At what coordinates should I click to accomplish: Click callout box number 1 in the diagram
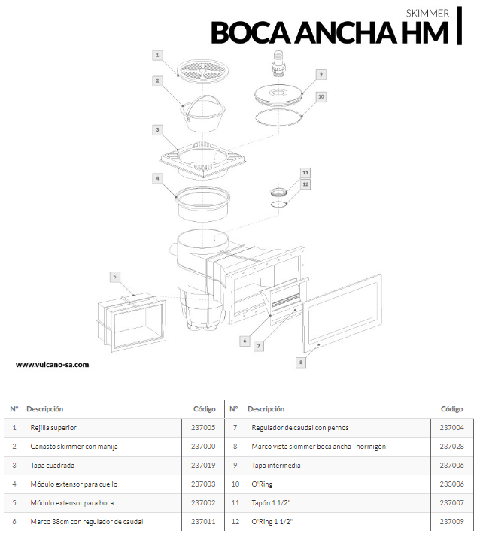[x=158, y=55]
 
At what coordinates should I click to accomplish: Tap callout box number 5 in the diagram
[x=114, y=277]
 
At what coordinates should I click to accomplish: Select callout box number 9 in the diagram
[x=321, y=74]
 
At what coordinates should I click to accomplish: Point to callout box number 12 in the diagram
[x=305, y=184]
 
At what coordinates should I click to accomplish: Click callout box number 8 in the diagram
[x=300, y=363]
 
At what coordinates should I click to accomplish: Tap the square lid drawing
[x=203, y=158]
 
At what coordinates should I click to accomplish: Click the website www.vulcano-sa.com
[x=53, y=365]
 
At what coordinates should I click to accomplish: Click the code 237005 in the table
[x=203, y=428]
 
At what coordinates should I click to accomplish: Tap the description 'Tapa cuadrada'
[x=53, y=466]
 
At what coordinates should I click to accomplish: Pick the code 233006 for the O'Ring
[x=451, y=484]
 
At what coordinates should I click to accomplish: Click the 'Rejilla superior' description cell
[x=53, y=428]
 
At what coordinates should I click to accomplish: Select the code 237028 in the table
[x=451, y=447]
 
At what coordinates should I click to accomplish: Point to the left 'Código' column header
[x=204, y=409]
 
